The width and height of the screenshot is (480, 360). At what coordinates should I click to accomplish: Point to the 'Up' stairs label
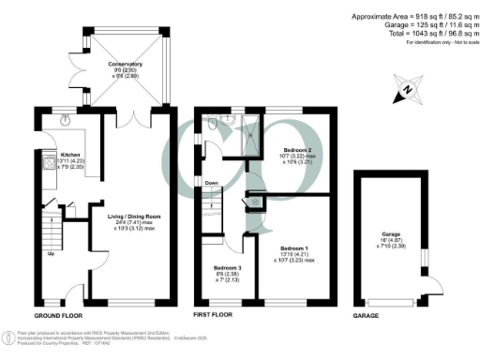51,253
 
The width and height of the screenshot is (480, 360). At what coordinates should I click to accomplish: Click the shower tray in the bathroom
252,128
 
